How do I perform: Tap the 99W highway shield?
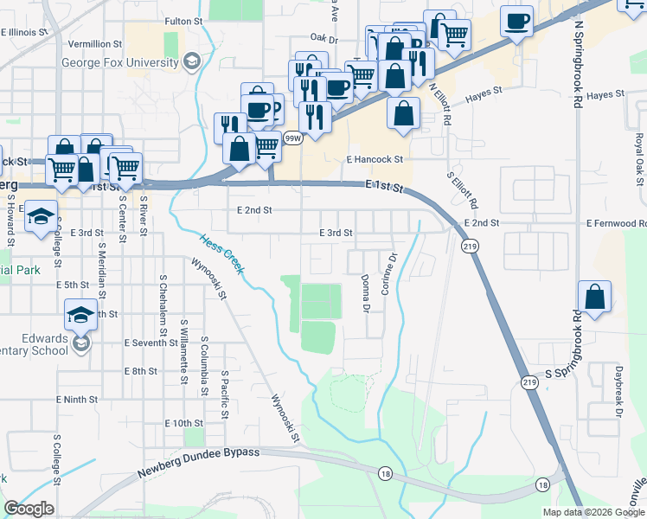(x=293, y=138)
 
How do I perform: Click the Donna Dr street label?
(x=366, y=293)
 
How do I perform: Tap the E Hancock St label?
(x=375, y=159)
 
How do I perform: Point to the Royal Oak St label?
(x=638, y=157)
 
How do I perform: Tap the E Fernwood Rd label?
(x=615, y=223)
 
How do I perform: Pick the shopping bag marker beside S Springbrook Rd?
(x=594, y=298)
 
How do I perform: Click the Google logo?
(x=29, y=509)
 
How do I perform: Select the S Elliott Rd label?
(x=462, y=191)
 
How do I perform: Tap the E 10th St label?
(x=183, y=423)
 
